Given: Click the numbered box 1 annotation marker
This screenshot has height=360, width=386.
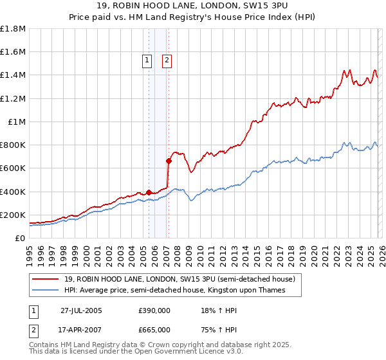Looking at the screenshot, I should pos(147,61).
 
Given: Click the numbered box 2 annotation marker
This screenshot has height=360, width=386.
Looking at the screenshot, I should pos(167,61).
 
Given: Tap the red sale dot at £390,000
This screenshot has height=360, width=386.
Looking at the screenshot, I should pos(149,192).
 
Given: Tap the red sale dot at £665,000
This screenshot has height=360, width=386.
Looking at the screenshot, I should pos(169,161).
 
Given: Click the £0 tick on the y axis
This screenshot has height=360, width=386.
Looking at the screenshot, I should pos(21,239).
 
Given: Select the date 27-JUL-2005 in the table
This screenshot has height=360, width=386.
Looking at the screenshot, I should pos(81,310).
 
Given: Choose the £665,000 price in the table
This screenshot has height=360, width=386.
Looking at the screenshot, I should pos(154,329).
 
